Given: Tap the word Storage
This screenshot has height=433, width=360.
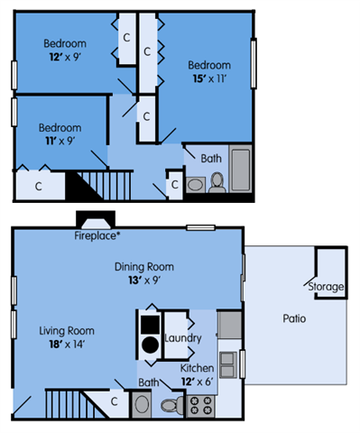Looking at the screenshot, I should click(x=326, y=287).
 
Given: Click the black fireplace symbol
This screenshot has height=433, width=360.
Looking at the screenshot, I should click(x=94, y=220).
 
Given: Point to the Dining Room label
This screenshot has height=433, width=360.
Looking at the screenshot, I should click(x=143, y=267).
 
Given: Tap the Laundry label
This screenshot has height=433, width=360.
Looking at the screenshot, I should click(x=182, y=338).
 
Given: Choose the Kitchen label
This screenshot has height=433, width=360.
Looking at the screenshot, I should click(x=198, y=369).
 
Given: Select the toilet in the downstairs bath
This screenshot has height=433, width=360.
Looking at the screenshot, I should click(x=171, y=405).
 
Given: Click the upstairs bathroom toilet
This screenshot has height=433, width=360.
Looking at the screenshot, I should click(x=217, y=182).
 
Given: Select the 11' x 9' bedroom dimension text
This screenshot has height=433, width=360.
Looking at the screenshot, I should click(x=60, y=141).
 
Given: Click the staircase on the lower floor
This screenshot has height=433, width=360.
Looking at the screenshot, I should click(x=70, y=403).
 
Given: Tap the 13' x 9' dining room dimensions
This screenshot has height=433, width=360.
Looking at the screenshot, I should click(x=143, y=281).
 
